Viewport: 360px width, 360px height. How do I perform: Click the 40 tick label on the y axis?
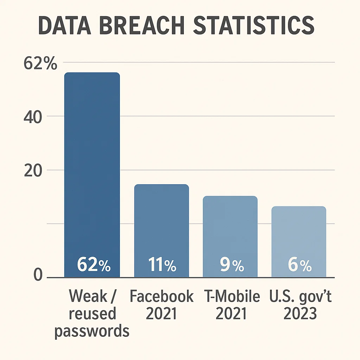point(33,117)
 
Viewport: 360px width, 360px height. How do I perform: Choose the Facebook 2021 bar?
point(161,225)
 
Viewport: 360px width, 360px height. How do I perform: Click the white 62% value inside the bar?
point(94,265)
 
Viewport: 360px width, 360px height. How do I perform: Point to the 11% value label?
point(161,265)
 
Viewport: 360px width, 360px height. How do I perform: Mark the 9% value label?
point(232,265)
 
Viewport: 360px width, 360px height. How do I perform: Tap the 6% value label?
point(300,265)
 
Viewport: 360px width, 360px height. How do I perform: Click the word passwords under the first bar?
point(92,332)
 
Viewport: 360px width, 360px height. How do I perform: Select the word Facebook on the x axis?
point(161,297)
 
